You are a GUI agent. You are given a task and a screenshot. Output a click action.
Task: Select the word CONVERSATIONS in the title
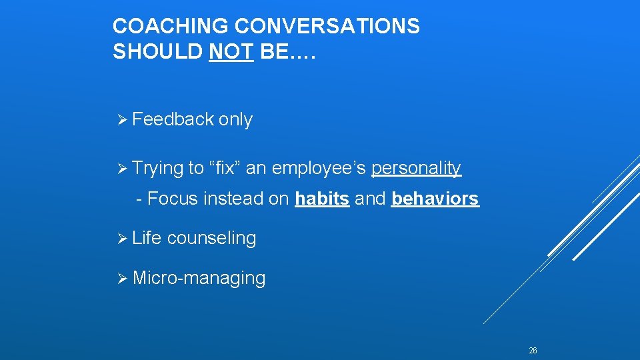328,27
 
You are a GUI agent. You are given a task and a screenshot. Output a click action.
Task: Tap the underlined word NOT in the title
231,52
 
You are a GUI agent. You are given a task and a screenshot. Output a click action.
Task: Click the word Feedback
173,119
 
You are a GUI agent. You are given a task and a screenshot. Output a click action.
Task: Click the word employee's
319,169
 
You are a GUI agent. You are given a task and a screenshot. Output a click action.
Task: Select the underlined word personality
415,169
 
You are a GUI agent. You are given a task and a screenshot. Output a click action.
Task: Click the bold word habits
322,199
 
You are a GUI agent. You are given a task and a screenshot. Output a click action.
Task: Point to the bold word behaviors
435,199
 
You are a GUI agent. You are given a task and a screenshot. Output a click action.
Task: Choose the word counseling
211,239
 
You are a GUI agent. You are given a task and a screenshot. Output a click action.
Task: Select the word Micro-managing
199,278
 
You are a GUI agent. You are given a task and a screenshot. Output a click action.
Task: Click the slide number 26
533,351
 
